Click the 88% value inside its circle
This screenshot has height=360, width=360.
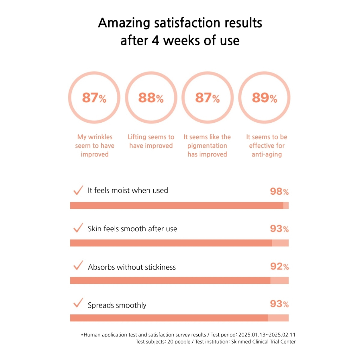click(151, 98)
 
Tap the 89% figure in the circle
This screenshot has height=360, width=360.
click(264, 98)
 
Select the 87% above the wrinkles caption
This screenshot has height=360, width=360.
click(94, 98)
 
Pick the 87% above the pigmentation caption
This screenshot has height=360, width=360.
click(207, 98)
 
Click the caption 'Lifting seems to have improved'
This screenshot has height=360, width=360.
click(151, 141)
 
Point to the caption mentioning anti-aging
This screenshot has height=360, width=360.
click(266, 146)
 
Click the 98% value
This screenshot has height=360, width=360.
click(279, 191)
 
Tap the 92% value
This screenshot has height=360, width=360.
click(279, 266)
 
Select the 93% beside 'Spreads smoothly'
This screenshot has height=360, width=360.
click(279, 304)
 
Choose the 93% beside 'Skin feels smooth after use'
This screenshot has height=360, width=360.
click(279, 229)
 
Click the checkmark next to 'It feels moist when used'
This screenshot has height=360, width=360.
click(78, 190)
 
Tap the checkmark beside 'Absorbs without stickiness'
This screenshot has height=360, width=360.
click(78, 265)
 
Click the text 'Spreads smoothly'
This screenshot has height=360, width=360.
click(117, 305)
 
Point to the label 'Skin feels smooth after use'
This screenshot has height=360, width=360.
click(132, 229)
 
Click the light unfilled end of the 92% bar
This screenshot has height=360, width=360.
click(279, 280)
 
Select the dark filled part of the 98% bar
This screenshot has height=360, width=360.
click(176, 206)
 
